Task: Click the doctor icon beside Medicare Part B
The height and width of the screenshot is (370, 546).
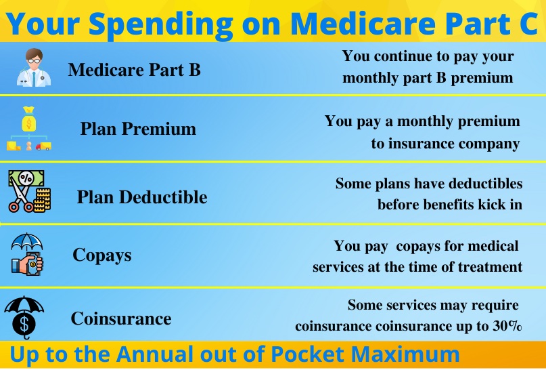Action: pos(34,67)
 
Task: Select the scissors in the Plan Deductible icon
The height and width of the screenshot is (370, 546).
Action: pos(19,194)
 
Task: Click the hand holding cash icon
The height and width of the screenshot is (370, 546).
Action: pos(27,264)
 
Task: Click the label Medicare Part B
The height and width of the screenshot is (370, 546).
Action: pos(135,69)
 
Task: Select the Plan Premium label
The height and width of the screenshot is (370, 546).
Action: pos(138,129)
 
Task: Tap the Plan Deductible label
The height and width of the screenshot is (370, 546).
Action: pos(142,197)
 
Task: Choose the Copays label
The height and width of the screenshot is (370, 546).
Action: pos(102,255)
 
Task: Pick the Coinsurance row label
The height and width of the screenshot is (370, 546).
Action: pos(121,318)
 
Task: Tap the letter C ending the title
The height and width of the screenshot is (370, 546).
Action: pos(527,23)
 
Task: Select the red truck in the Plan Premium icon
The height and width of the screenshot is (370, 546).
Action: pos(43,146)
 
